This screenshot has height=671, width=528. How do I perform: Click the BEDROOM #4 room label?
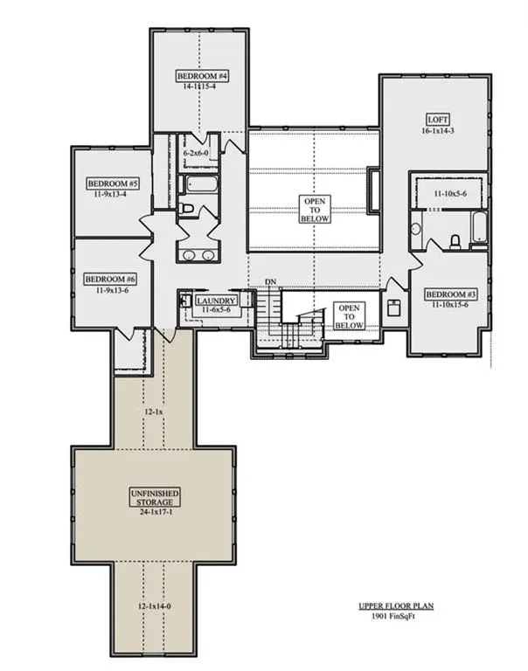202,76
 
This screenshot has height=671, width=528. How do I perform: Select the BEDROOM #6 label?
110,280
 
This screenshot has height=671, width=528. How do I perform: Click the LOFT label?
438,119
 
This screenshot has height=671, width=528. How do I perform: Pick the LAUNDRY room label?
215,301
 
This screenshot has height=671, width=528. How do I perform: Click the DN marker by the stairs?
271,282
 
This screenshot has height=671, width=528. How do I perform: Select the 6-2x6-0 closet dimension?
196,153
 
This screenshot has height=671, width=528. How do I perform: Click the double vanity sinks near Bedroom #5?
198,256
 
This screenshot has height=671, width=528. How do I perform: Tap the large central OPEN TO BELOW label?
316,210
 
